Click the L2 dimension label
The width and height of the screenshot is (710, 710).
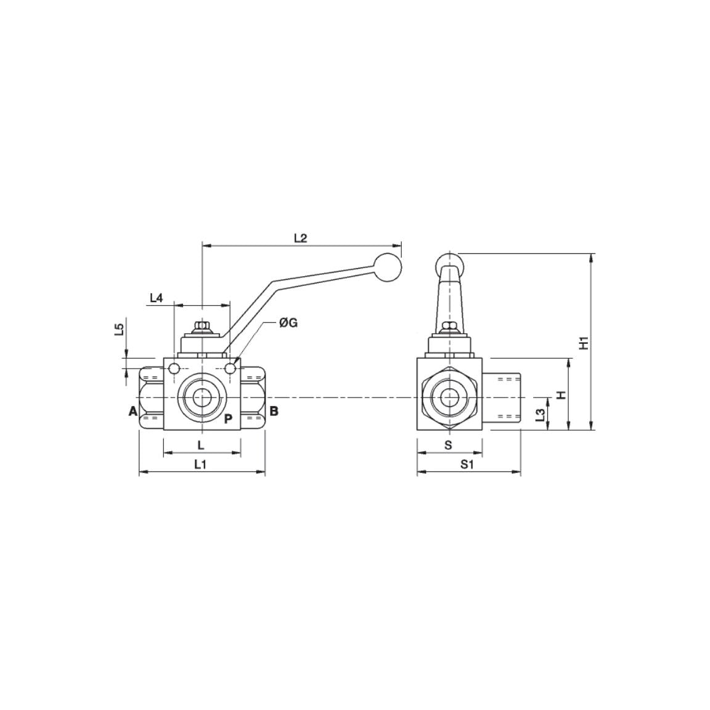(x=300, y=238)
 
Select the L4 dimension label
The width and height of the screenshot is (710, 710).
(x=157, y=298)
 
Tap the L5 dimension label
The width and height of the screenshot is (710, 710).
(x=120, y=330)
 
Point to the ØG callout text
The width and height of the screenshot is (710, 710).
(x=288, y=322)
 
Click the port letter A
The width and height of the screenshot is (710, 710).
(x=132, y=411)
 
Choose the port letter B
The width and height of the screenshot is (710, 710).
(x=274, y=411)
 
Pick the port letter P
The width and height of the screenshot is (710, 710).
(x=227, y=419)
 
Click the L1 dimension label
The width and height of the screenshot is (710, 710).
(x=200, y=464)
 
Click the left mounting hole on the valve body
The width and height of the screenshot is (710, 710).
(x=174, y=369)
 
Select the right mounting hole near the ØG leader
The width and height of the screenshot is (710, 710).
(x=231, y=369)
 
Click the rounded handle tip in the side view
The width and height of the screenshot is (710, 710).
(x=449, y=262)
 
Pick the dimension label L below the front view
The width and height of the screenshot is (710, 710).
(x=200, y=444)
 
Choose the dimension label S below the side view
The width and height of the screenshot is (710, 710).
(x=448, y=444)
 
